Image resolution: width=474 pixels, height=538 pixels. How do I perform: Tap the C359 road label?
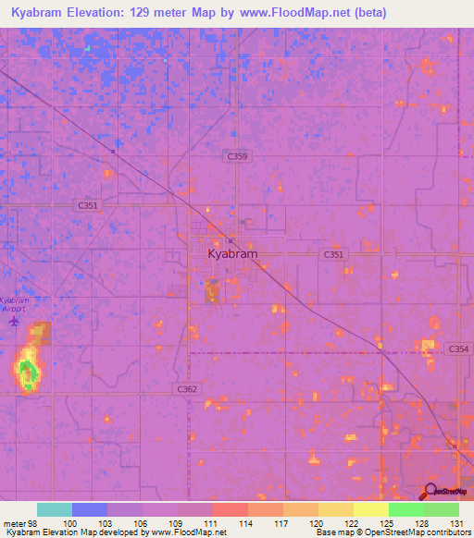click(x=237, y=157)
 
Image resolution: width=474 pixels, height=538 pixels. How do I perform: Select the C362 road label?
click(x=187, y=390)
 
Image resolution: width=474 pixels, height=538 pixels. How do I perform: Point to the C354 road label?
click(x=458, y=348)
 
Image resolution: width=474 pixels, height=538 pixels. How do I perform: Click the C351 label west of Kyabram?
click(x=89, y=206)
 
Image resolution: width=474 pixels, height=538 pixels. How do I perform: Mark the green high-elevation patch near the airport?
click(x=28, y=372)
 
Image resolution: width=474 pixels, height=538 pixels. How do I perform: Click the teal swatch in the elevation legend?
click(x=55, y=509)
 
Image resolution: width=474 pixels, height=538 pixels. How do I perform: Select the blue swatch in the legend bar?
click(x=90, y=509)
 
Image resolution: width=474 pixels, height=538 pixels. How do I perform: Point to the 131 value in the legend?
click(x=455, y=522)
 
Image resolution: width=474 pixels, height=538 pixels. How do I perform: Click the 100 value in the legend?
click(x=69, y=522)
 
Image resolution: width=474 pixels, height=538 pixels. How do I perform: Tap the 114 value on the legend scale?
click(x=245, y=522)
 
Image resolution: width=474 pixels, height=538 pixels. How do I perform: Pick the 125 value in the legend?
click(x=385, y=522)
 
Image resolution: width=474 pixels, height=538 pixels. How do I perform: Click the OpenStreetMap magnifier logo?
click(x=430, y=491)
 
